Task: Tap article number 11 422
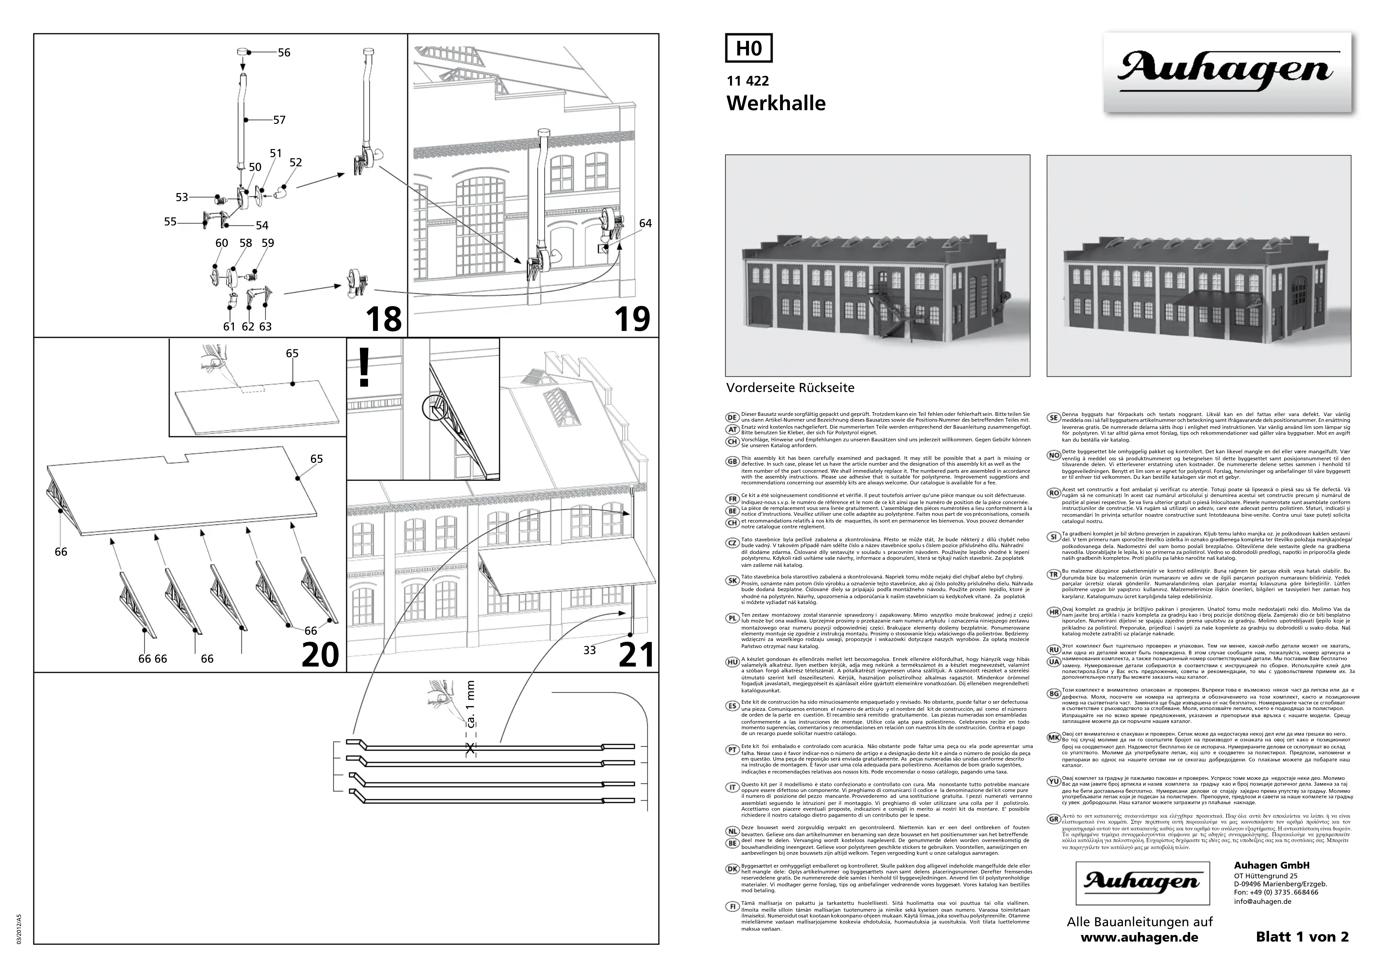(x=748, y=81)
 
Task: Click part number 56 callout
(x=283, y=53)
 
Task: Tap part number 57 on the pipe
(x=279, y=120)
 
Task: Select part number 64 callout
(x=645, y=223)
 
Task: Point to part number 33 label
(x=589, y=650)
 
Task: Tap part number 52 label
(x=295, y=163)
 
